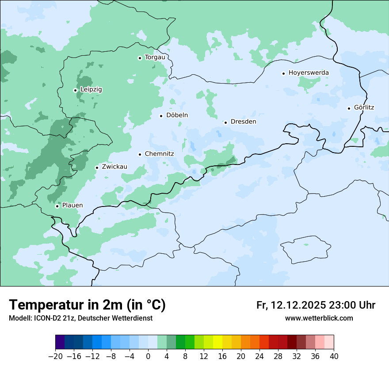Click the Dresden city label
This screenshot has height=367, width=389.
[x=243, y=122]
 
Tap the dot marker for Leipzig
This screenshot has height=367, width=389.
[x=75, y=90]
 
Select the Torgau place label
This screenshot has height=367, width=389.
[x=155, y=57]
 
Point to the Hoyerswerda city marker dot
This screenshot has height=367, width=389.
[x=283, y=73]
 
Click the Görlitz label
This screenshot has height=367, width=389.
[x=364, y=107]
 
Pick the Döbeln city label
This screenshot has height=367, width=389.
[x=177, y=115]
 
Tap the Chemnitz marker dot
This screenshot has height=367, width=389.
[x=140, y=154]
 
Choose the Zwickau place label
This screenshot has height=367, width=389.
[x=114, y=167]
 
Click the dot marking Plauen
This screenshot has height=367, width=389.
[x=57, y=206]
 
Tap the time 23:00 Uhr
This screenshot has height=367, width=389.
[x=352, y=305]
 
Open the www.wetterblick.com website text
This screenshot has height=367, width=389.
[x=319, y=318]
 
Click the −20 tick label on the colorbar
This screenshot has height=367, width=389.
[x=55, y=356]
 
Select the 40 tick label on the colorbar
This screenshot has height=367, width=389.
[x=334, y=356]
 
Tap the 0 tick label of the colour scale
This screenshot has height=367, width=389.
[x=148, y=356]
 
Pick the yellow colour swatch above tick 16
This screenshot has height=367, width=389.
[x=217, y=342]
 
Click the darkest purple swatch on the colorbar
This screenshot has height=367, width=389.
[x=60, y=342]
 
